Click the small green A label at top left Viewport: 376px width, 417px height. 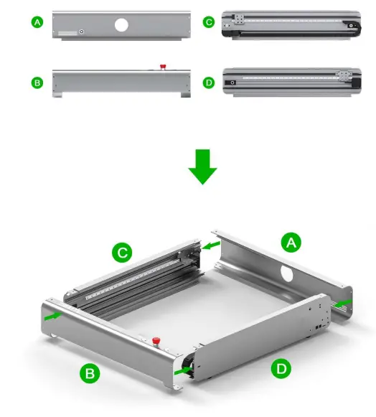37,23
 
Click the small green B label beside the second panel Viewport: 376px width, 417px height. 37,83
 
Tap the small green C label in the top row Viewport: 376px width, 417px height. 209,22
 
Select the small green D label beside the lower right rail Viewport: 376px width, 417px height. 209,83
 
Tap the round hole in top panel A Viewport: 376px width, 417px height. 121,24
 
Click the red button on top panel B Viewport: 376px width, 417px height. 163,67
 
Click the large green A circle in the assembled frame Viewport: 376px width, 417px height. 291,243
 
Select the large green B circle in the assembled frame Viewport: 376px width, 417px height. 89,373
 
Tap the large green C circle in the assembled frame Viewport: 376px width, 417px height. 123,253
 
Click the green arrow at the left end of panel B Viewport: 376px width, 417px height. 53,314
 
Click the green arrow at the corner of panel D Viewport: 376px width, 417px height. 185,370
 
